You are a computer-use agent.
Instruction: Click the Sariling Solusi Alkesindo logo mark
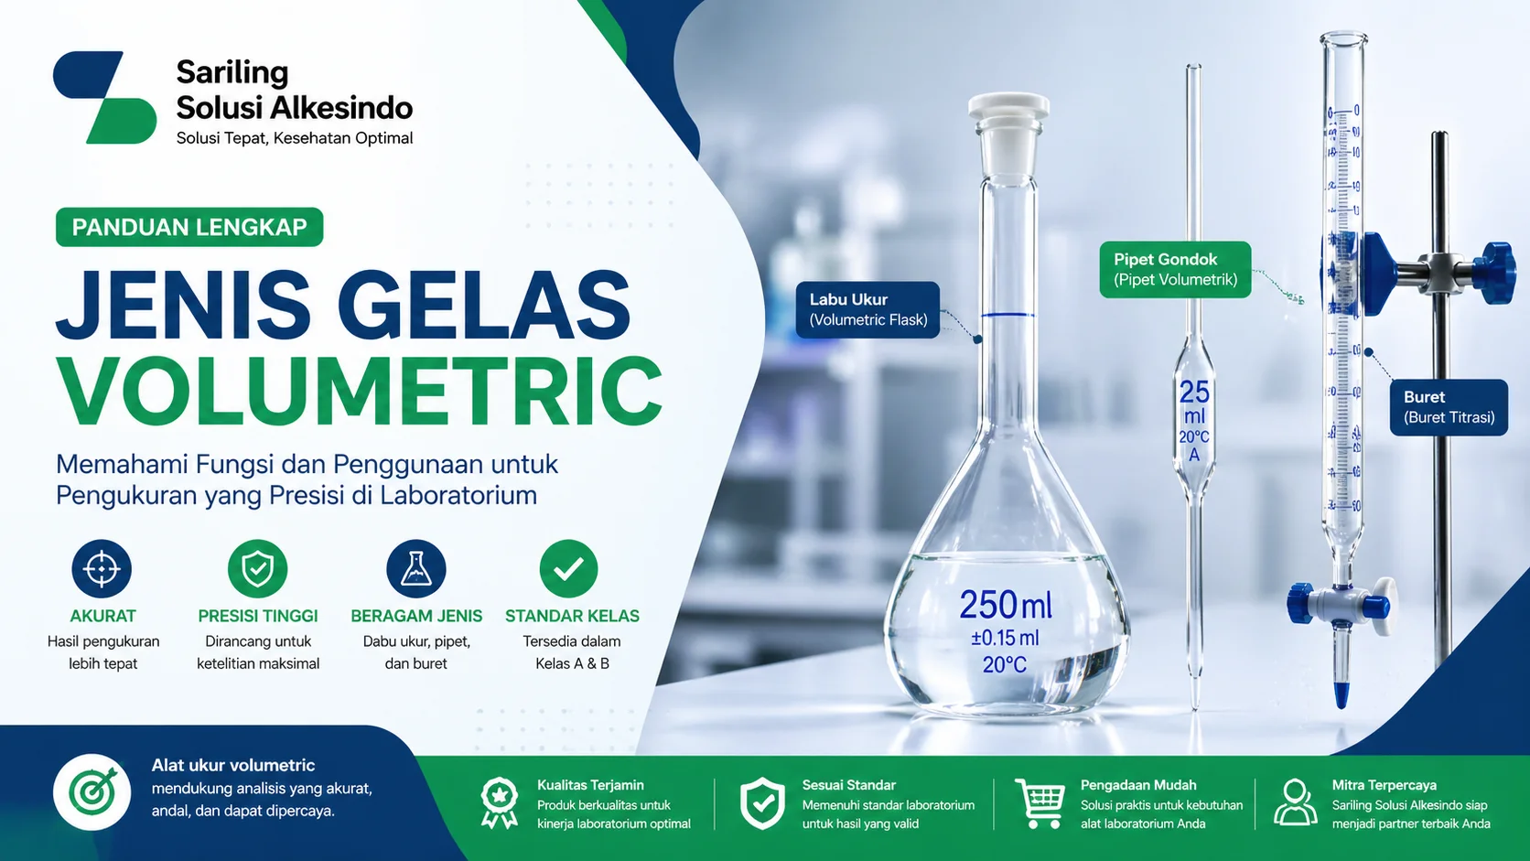pyautogui.click(x=104, y=98)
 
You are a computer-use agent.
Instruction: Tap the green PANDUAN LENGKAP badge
pyautogui.click(x=189, y=227)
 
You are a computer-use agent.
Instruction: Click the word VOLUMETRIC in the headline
pyautogui.click(x=360, y=391)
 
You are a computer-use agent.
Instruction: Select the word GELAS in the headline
pyautogui.click(x=484, y=306)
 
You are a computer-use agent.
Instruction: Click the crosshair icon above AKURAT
pyautogui.click(x=102, y=568)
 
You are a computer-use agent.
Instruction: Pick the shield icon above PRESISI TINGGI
pyautogui.click(x=257, y=568)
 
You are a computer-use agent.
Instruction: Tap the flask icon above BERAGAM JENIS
pyautogui.click(x=416, y=568)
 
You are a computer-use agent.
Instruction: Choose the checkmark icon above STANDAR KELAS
pyautogui.click(x=568, y=568)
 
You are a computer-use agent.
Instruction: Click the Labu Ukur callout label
pyautogui.click(x=867, y=309)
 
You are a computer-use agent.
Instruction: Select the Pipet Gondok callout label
pyautogui.click(x=1175, y=269)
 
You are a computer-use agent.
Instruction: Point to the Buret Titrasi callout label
pyautogui.click(x=1449, y=407)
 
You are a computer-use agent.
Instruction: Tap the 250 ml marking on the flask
pyautogui.click(x=1005, y=605)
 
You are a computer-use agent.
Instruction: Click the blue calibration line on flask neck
pyautogui.click(x=1007, y=316)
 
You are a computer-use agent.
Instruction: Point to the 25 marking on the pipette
pyautogui.click(x=1194, y=393)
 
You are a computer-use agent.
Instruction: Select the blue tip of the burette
pyautogui.click(x=1341, y=694)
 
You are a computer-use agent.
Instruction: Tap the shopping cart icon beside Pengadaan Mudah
pyautogui.click(x=1040, y=802)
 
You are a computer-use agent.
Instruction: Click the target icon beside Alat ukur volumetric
pyautogui.click(x=92, y=792)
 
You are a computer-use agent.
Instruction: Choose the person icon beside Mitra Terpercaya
pyautogui.click(x=1295, y=802)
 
